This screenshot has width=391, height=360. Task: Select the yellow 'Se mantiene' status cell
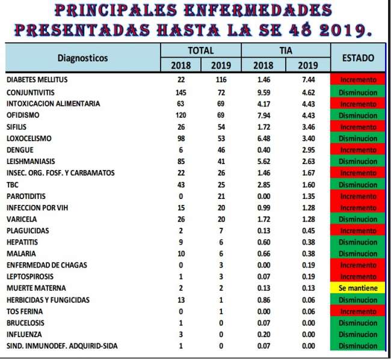click(x=358, y=288)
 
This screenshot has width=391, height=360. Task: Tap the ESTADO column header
click(x=358, y=58)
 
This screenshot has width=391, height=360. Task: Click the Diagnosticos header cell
click(x=82, y=58)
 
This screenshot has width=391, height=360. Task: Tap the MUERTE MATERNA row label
click(x=35, y=288)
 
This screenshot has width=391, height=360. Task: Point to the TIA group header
click(x=286, y=51)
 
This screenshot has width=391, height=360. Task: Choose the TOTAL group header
click(x=200, y=51)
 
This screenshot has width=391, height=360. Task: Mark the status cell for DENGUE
click(x=358, y=150)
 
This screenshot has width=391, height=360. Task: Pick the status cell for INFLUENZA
click(x=358, y=335)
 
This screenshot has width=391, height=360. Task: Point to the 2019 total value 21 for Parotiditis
click(x=220, y=196)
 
